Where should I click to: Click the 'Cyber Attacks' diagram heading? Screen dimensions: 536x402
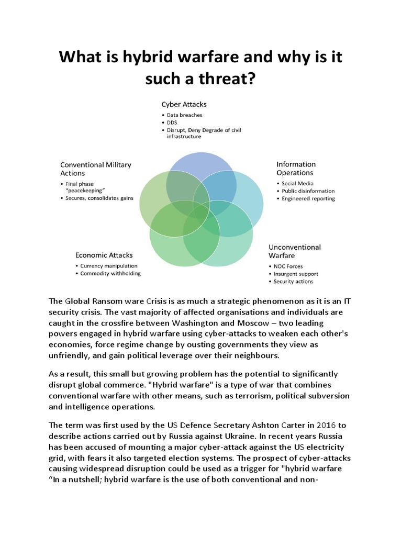point(184,104)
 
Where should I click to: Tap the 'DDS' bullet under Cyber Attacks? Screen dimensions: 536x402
point(173,122)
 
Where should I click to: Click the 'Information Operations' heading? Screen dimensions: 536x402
point(296,168)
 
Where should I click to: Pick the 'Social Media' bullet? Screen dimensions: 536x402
point(298,184)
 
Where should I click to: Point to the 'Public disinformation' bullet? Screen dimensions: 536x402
point(308,191)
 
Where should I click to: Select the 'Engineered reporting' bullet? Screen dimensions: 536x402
point(308,198)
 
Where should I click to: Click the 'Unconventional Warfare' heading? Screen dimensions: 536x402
point(294,251)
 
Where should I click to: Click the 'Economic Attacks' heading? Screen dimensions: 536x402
point(104,255)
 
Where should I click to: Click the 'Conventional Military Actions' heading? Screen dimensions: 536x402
point(96,169)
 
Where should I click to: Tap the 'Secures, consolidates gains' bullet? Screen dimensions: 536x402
point(100,198)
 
